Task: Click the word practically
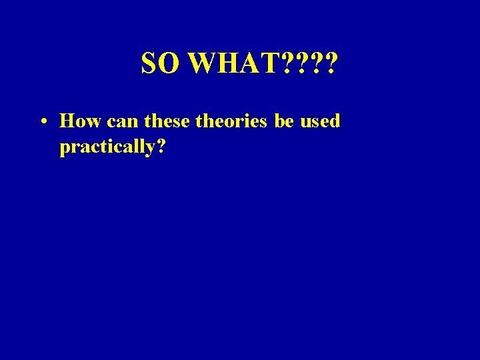(x=107, y=147)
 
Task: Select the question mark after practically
(x=161, y=146)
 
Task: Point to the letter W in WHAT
(x=203, y=63)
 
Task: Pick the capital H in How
(x=67, y=121)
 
